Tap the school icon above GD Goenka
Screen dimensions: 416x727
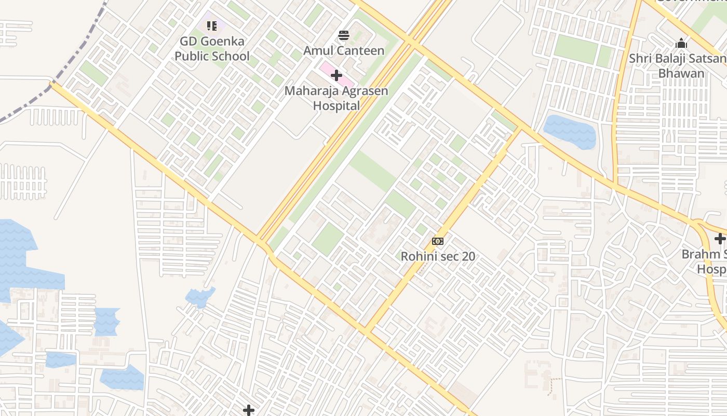(211, 25)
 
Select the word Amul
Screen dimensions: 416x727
(318, 50)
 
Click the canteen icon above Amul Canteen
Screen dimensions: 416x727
(344, 35)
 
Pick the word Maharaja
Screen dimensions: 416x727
(309, 91)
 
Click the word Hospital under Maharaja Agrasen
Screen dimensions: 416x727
(336, 106)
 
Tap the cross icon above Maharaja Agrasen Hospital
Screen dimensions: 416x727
(336, 75)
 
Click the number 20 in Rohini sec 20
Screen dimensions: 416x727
(468, 256)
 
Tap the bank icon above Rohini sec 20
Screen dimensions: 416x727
(438, 241)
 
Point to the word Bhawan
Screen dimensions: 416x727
(681, 73)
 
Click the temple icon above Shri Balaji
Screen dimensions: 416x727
(681, 43)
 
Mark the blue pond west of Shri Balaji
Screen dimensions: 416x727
(569, 132)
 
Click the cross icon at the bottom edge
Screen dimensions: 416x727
(249, 410)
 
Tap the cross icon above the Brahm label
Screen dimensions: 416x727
(720, 239)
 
